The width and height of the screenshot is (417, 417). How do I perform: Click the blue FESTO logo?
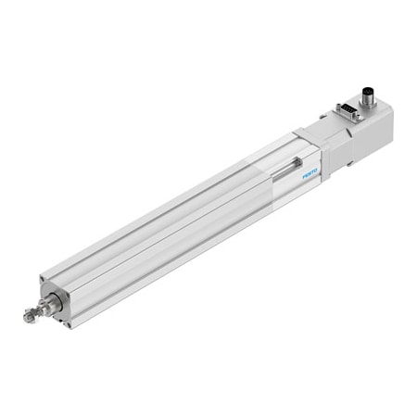click(x=308, y=171)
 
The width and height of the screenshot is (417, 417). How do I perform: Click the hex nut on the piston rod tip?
click(x=30, y=317)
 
